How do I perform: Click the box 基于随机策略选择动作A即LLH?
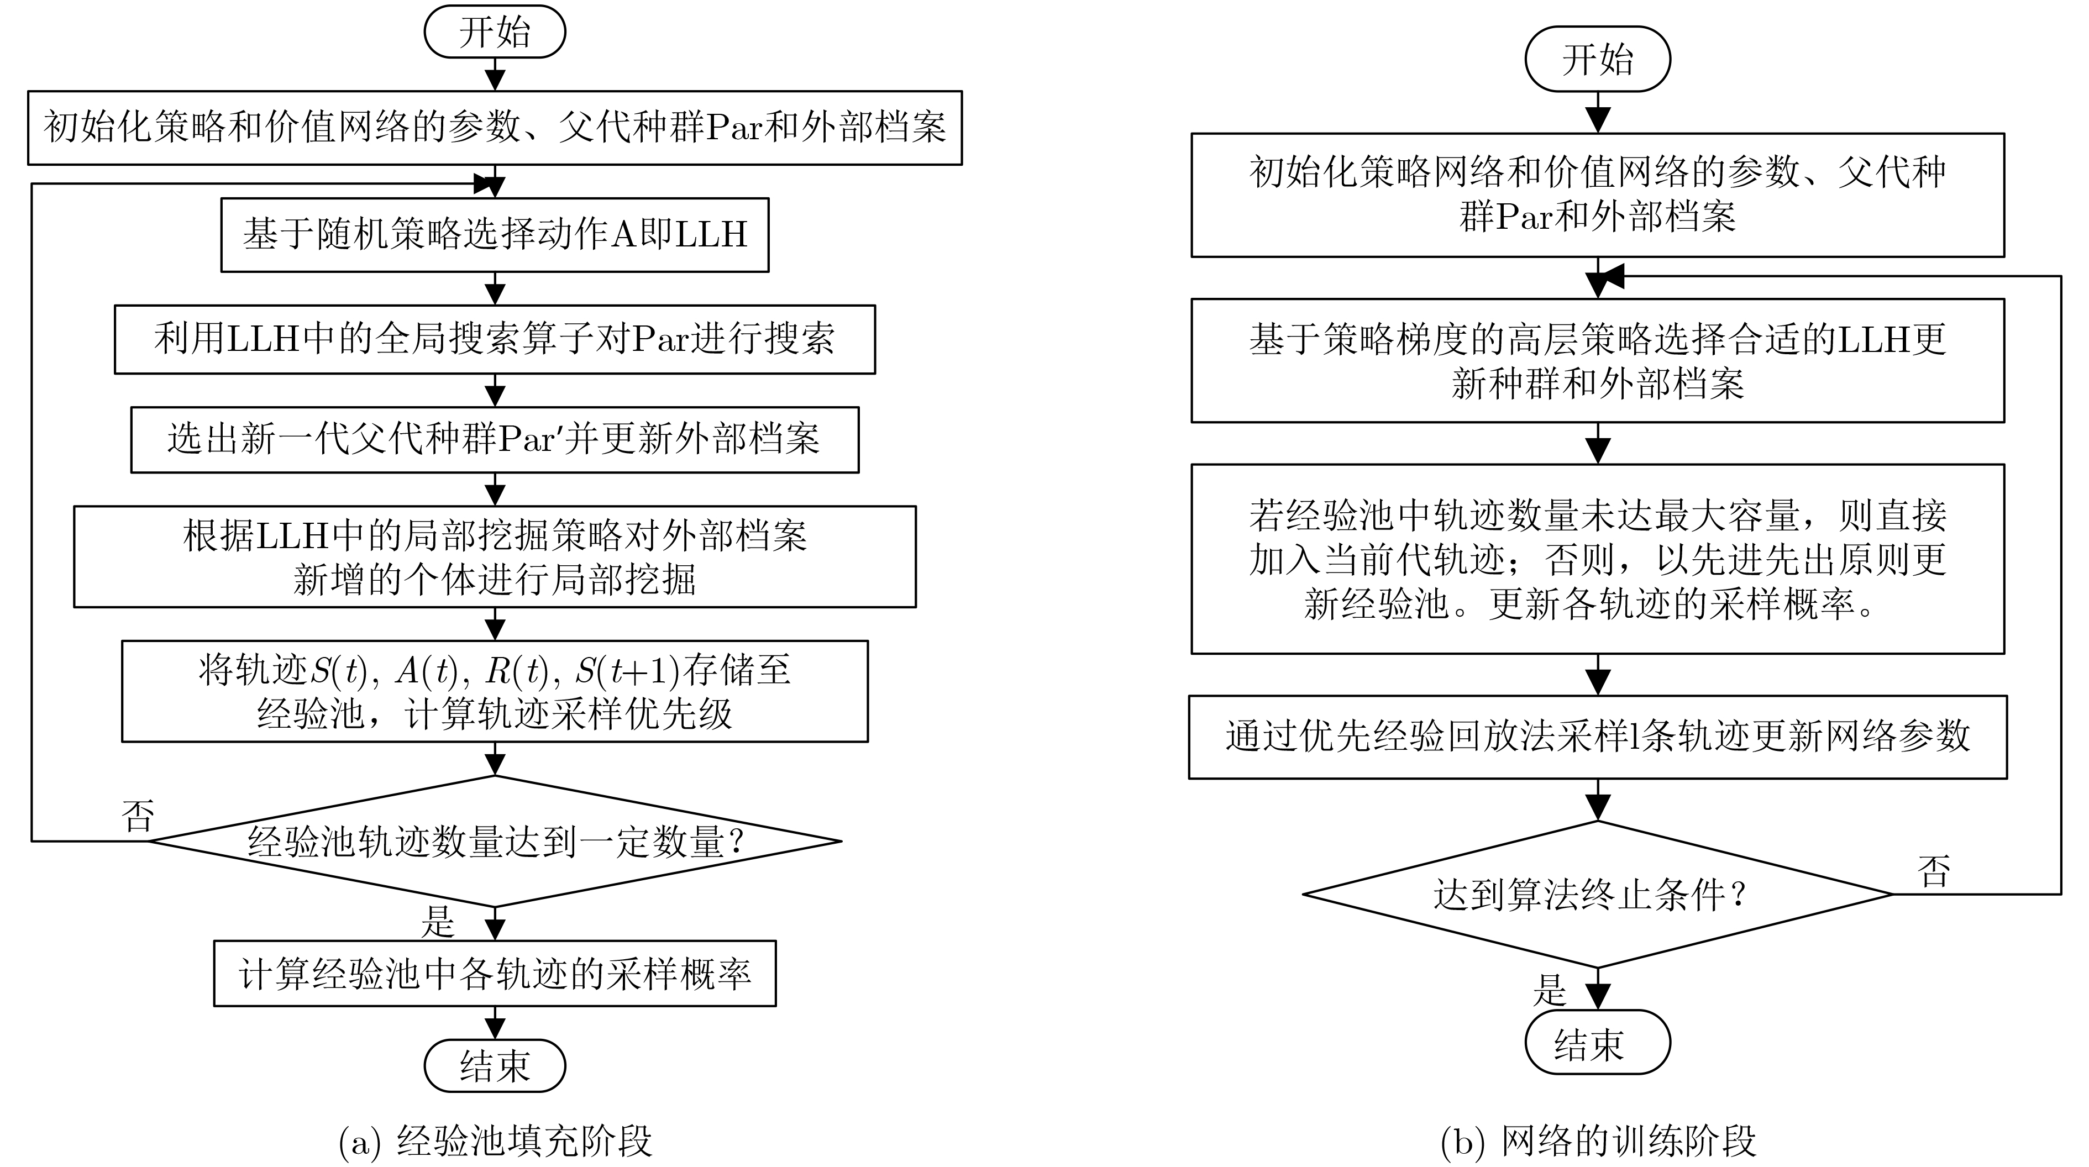coord(495,234)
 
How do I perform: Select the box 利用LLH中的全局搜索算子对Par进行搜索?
coord(495,339)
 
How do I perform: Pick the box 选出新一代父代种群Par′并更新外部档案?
coord(495,439)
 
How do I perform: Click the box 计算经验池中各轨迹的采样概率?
coord(495,973)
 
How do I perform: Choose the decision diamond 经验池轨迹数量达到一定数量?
coord(495,841)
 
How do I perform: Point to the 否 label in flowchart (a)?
coord(137,815)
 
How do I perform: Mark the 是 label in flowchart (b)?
coord(1549,990)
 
